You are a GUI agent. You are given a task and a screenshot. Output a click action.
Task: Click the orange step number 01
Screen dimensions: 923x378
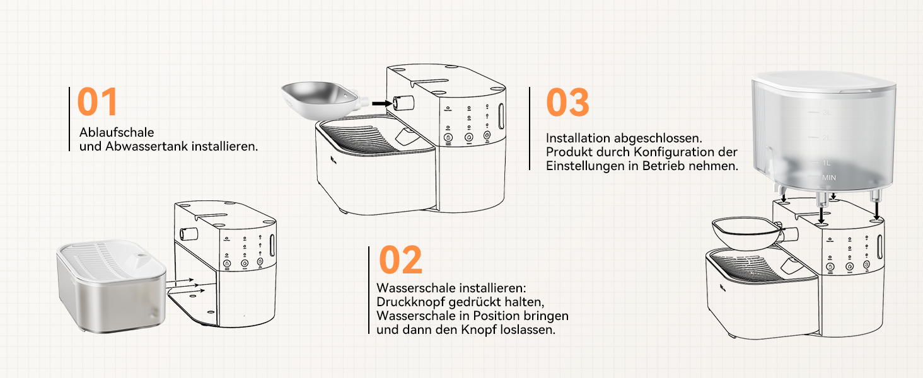pos(97,101)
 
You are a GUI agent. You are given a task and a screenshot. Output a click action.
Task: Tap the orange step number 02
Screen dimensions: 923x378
pos(400,260)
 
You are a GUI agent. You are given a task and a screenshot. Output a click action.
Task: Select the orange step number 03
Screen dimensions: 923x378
pos(567,102)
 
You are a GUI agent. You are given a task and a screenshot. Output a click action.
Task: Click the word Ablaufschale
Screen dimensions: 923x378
pos(117,132)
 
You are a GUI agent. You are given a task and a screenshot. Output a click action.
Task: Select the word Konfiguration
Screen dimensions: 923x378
pos(674,152)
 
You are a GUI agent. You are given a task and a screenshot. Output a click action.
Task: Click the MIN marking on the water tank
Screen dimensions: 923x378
pos(829,178)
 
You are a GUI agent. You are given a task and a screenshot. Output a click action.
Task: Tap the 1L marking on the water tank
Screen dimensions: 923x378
pos(827,163)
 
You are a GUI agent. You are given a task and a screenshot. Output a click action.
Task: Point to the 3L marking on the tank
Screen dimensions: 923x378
pos(827,112)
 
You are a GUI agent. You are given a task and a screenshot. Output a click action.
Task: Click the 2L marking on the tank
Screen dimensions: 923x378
pos(827,137)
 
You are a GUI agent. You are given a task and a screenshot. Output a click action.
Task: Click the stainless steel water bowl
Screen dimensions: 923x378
pos(322,99)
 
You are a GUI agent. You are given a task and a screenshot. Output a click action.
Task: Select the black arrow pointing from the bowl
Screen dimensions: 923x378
pos(382,103)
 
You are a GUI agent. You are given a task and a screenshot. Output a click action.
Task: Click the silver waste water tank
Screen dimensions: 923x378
pos(111,286)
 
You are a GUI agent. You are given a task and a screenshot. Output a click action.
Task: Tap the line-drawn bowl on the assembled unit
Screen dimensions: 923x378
pos(746,234)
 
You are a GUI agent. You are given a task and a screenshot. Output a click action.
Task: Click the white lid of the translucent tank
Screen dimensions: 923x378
pos(823,83)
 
